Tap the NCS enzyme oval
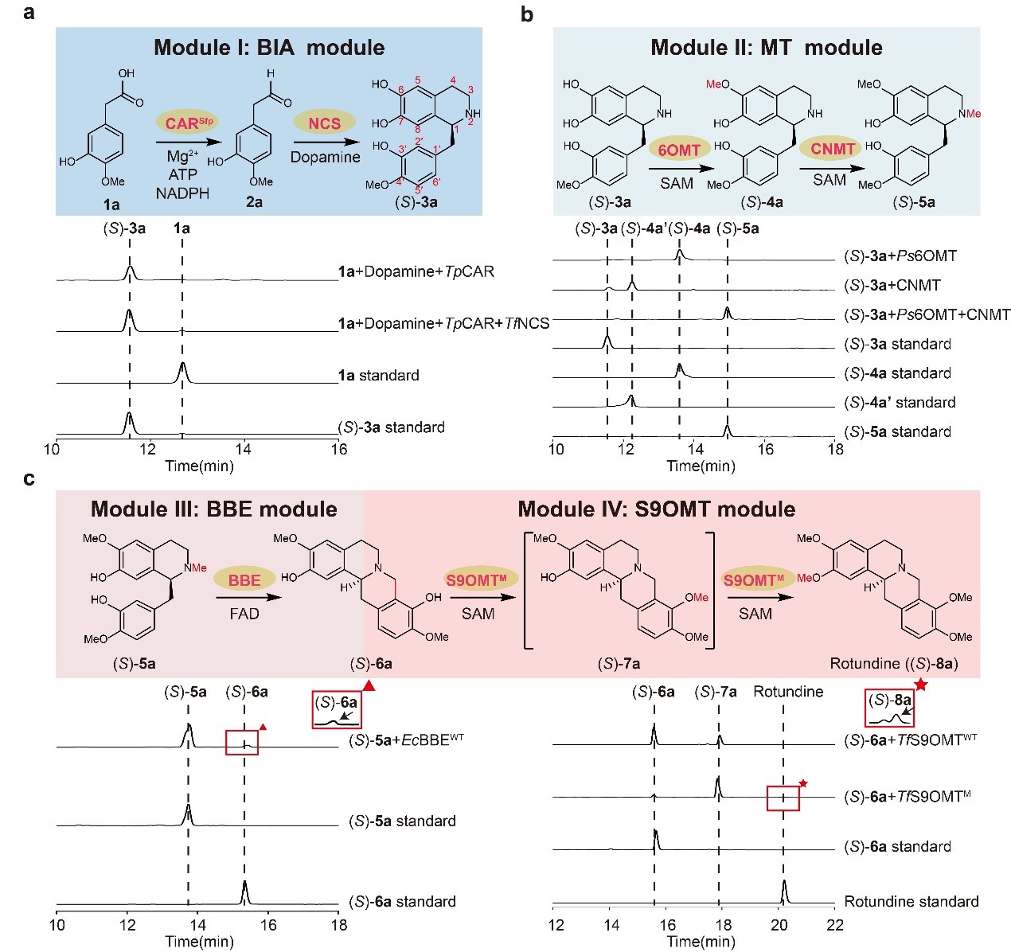tap(324, 123)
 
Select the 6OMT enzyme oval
tap(679, 150)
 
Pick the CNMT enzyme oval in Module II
tap(832, 149)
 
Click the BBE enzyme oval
tap(244, 580)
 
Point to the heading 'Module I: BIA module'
tap(269, 47)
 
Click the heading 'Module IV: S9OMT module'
tap(656, 509)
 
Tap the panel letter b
tap(526, 14)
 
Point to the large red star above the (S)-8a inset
tap(921, 684)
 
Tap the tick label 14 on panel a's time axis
tap(244, 450)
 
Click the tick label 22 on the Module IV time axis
tap(834, 925)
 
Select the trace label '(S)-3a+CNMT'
tap(892, 285)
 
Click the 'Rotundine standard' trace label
tap(911, 902)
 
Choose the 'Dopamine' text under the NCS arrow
tap(325, 157)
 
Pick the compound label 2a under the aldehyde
tap(254, 202)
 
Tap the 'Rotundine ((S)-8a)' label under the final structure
tap(893, 663)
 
